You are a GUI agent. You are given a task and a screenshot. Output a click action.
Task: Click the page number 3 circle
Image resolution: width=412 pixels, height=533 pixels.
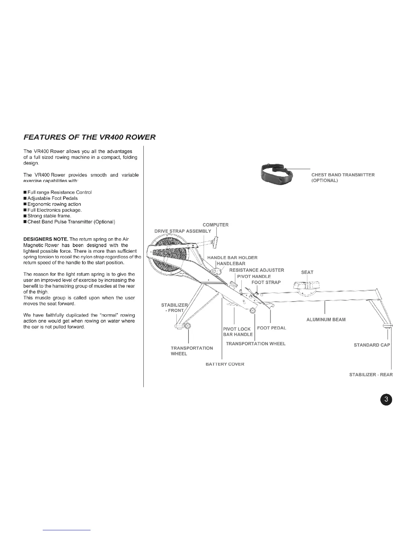(387, 399)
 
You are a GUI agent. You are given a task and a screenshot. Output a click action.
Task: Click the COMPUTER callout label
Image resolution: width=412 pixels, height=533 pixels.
(215, 225)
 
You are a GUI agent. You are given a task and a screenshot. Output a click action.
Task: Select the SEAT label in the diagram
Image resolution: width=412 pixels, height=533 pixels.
(307, 272)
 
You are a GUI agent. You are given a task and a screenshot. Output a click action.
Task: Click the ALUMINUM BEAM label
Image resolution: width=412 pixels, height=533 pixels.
(326, 319)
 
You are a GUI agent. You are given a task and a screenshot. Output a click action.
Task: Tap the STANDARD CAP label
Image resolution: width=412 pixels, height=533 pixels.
(372, 345)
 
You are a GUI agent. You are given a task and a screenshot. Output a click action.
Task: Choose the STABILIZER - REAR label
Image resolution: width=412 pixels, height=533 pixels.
(371, 375)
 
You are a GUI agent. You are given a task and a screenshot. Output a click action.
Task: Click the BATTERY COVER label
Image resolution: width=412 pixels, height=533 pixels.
(225, 364)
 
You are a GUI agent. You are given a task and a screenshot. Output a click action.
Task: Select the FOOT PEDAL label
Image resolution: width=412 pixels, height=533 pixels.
(271, 328)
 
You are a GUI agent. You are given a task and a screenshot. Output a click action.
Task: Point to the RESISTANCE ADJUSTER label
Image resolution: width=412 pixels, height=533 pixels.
(256, 270)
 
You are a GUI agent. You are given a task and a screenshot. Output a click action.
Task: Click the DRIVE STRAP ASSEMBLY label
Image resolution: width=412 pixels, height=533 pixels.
(183, 231)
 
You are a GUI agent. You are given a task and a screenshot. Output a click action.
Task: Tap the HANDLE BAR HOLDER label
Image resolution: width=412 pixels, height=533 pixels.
(232, 257)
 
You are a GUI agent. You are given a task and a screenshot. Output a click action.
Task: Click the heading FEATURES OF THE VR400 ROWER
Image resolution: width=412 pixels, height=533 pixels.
(90, 137)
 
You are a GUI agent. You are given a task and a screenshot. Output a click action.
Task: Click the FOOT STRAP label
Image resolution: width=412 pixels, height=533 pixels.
(266, 282)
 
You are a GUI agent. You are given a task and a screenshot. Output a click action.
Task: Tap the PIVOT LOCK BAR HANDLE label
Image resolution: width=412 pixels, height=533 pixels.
(238, 331)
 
